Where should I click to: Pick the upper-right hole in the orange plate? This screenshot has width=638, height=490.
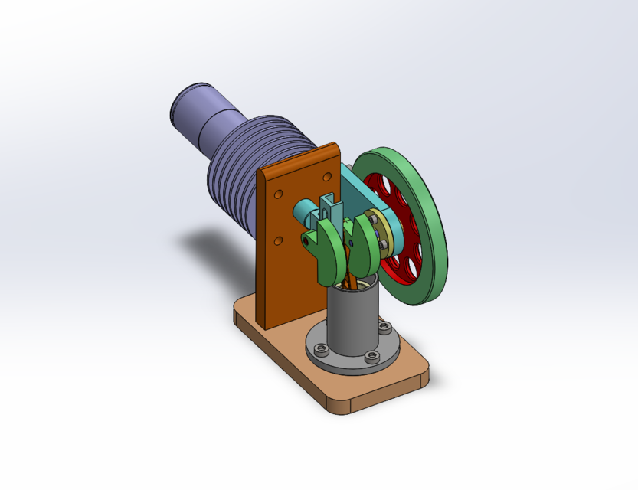click(x=327, y=177)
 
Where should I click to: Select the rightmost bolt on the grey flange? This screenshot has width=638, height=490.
click(x=384, y=328)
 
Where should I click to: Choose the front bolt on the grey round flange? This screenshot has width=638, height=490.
click(x=371, y=356)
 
